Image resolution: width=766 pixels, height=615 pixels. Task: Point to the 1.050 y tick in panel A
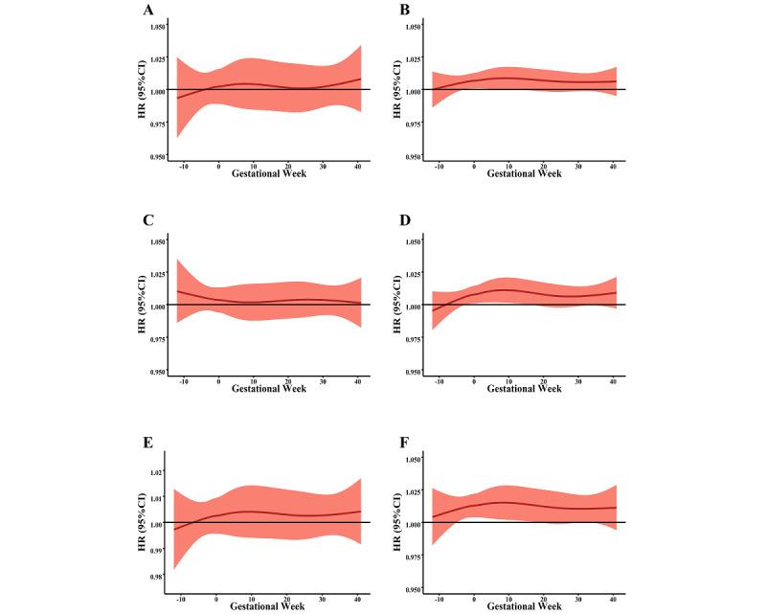tap(160, 26)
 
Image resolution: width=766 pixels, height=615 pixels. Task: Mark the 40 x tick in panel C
tap(358, 381)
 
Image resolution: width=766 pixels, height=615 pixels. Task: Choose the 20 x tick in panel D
tap(544, 381)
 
